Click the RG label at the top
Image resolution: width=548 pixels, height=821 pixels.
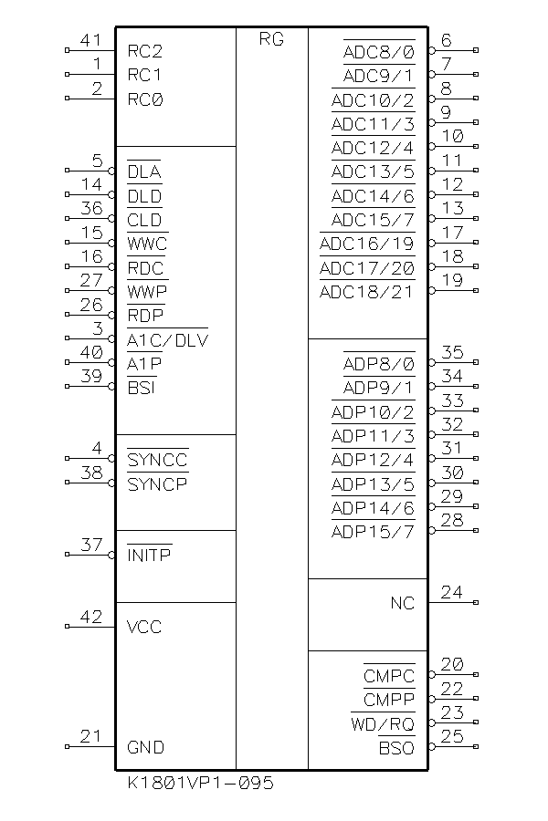pos(271,39)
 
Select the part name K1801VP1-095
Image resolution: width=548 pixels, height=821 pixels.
pos(200,783)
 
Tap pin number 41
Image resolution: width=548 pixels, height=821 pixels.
pos(91,40)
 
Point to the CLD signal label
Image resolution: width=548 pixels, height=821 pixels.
pos(144,220)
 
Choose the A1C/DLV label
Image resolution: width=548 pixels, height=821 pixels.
pos(167,340)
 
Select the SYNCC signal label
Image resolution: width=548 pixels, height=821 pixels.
pos(157,460)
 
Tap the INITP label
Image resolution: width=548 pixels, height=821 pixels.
pos(150,555)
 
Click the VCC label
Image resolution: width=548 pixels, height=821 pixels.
pos(145,627)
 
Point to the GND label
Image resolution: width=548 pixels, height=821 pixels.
pos(146,747)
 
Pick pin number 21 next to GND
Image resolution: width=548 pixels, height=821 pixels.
pos(91,737)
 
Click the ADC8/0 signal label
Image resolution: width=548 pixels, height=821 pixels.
pos(378,52)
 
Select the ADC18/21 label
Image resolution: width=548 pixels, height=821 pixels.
pos(366,292)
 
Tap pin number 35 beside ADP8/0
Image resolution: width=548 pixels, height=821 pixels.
pos(452,352)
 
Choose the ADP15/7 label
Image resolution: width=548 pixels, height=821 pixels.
pos(373,532)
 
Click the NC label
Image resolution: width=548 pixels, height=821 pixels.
pos(402,603)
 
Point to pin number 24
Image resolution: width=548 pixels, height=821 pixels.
pos(452,592)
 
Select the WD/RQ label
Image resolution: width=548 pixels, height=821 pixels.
pos(383,724)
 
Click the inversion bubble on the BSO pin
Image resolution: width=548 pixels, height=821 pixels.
pos(431,747)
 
